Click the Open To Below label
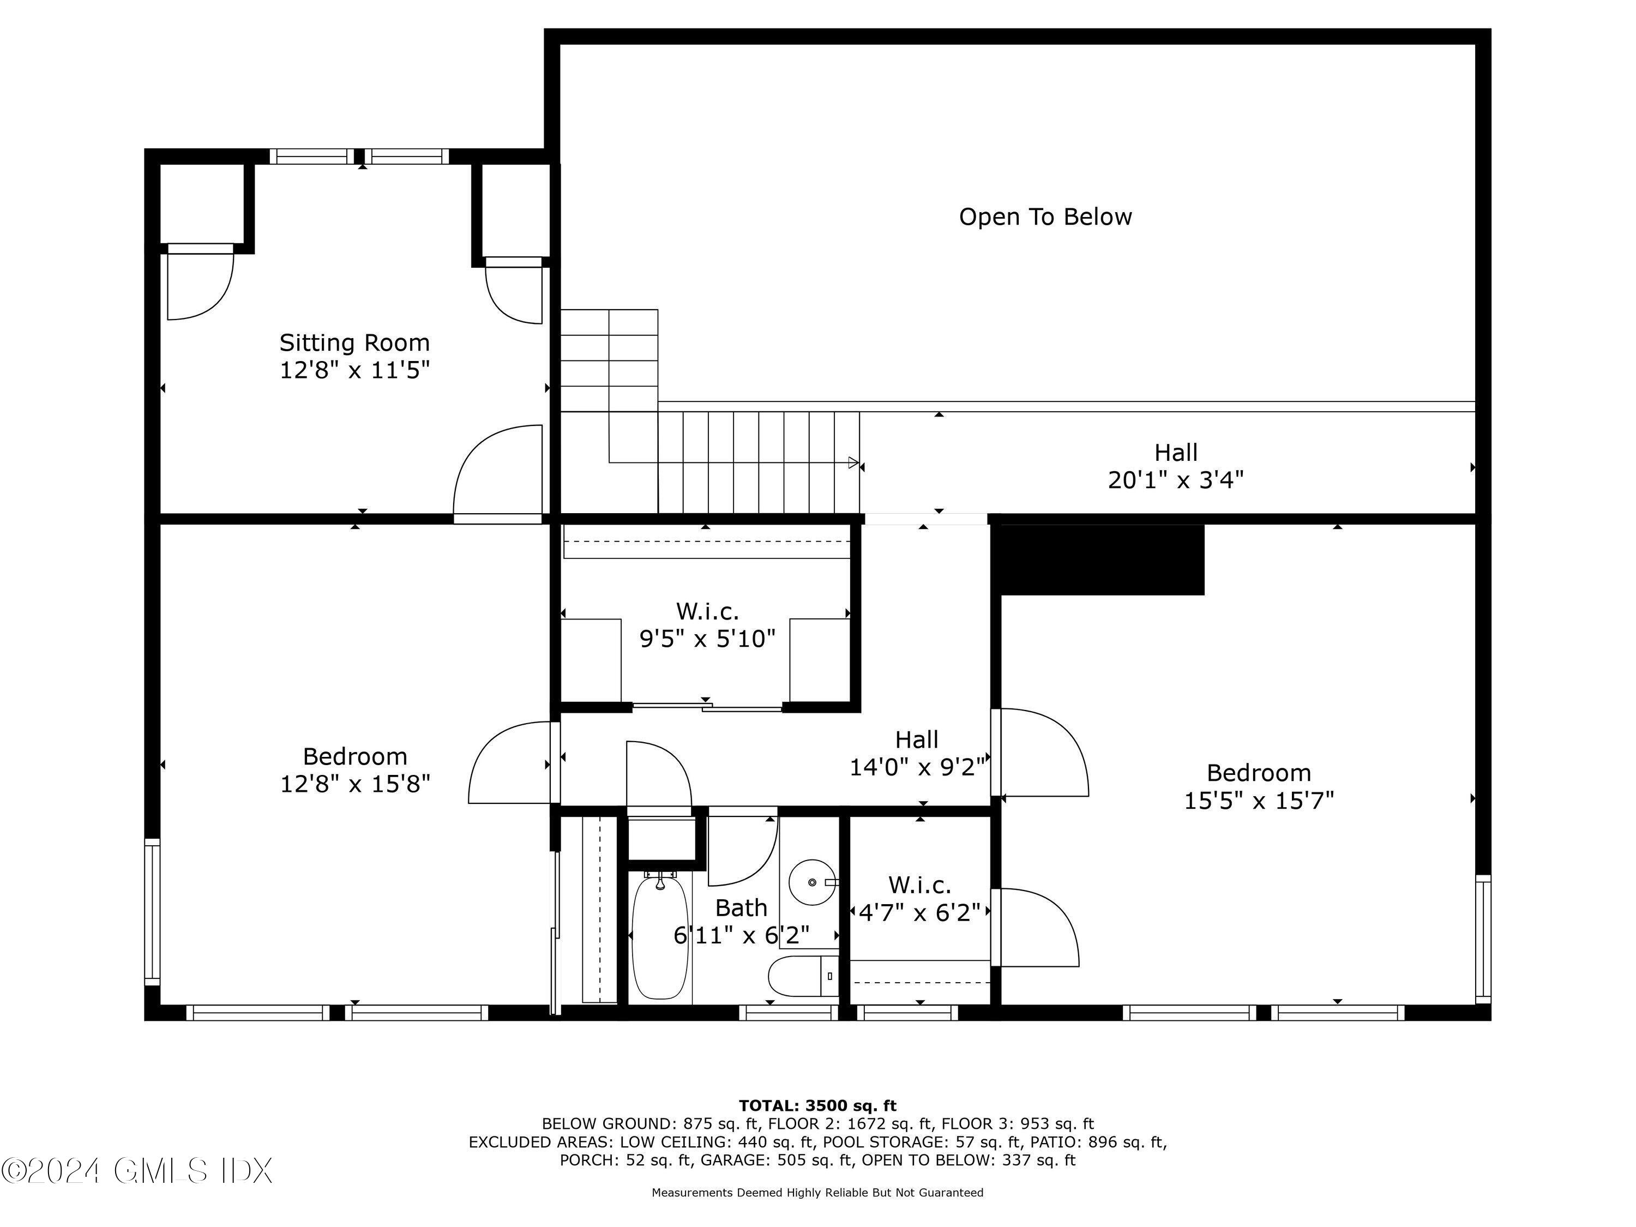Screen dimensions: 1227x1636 (1044, 216)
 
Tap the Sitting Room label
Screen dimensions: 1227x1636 (354, 342)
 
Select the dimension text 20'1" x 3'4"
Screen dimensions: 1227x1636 (1175, 480)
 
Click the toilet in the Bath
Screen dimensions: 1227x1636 (803, 976)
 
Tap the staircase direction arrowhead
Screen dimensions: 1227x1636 (853, 463)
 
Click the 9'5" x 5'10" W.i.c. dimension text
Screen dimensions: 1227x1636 (707, 638)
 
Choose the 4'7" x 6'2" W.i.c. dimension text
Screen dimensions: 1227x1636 (919, 913)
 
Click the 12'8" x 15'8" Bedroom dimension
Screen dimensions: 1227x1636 (354, 783)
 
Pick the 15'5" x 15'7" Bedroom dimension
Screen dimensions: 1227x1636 (1259, 800)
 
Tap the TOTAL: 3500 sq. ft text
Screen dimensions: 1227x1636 (817, 1106)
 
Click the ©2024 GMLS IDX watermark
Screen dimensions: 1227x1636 (137, 1171)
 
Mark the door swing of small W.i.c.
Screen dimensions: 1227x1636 (1036, 928)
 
